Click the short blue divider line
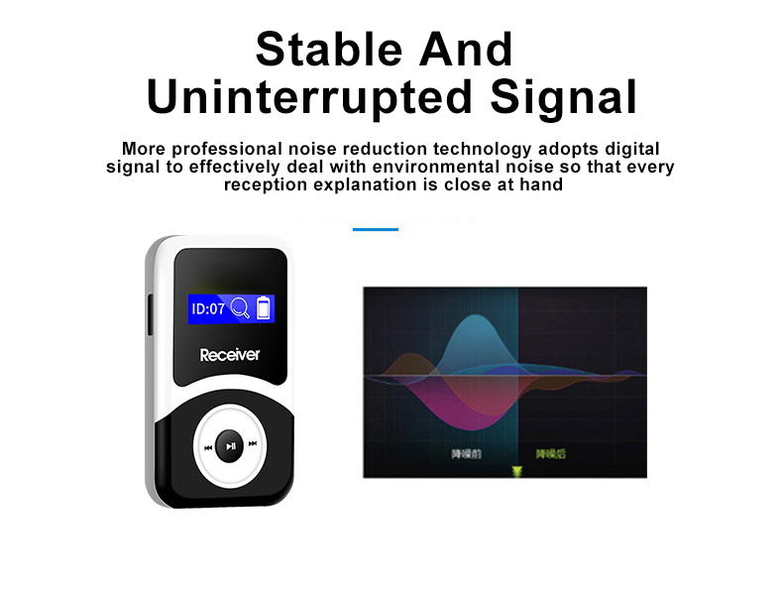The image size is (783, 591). (x=375, y=229)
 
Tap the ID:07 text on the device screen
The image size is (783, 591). (x=208, y=309)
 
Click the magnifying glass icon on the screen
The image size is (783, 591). (x=240, y=308)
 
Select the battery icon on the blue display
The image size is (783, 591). (x=263, y=308)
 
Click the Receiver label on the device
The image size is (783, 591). (x=229, y=354)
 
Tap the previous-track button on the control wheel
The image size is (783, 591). (x=208, y=446)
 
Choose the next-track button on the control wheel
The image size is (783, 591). (x=253, y=444)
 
